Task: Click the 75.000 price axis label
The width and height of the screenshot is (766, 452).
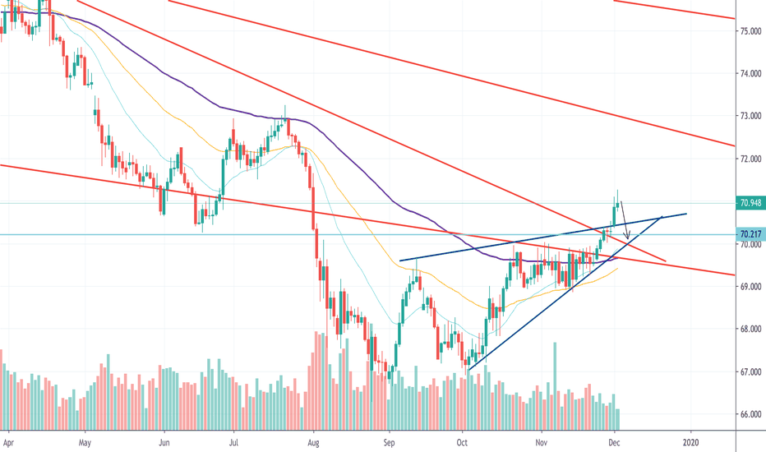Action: pos(749,31)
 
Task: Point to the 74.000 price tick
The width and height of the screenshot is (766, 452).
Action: pos(749,74)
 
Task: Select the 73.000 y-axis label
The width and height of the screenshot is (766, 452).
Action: pos(749,116)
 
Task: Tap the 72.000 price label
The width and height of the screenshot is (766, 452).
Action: pos(749,159)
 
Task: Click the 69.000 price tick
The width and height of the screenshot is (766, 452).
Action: pos(749,287)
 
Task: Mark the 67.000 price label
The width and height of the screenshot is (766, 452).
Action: pos(749,372)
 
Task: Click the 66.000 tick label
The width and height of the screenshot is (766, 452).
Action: pos(749,415)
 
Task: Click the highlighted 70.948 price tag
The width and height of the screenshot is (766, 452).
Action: pos(749,203)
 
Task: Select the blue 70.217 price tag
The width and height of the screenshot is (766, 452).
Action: pos(749,234)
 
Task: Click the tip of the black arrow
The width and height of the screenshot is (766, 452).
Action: pos(628,241)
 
